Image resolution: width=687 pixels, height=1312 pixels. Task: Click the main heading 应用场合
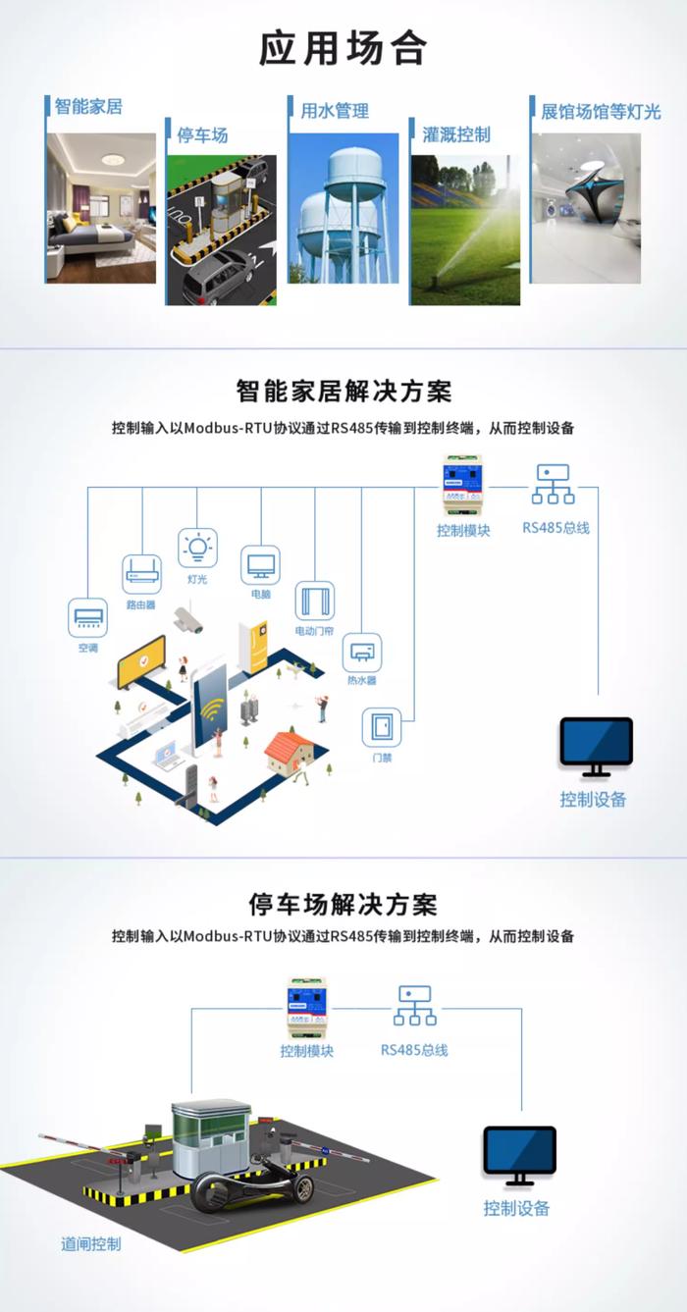(343, 48)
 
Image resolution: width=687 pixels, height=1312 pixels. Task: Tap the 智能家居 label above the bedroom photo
(88, 107)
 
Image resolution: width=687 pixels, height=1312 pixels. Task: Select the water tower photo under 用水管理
(343, 208)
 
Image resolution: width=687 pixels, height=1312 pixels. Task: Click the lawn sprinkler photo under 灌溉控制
(465, 230)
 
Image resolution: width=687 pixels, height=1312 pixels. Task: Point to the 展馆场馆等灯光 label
(601, 111)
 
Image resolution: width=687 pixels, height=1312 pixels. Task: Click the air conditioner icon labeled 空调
(88, 617)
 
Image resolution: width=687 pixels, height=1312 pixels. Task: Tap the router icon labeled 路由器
(141, 574)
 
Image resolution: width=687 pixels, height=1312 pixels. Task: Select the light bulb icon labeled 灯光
(197, 549)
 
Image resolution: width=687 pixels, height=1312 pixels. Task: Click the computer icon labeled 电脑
(261, 565)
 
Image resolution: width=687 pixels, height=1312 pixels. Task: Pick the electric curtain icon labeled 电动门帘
(315, 601)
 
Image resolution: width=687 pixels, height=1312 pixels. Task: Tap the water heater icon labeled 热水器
(362, 653)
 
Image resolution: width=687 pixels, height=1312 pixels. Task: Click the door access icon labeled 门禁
(382, 727)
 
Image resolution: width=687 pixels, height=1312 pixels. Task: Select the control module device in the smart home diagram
(462, 486)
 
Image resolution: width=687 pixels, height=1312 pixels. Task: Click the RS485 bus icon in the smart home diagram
(554, 485)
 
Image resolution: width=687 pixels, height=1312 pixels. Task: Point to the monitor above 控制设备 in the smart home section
(597, 748)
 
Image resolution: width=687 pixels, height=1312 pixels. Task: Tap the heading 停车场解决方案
(343, 905)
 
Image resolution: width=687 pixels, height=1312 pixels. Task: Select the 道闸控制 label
(91, 1244)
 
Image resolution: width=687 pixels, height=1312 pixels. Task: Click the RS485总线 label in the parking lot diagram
(415, 1050)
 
